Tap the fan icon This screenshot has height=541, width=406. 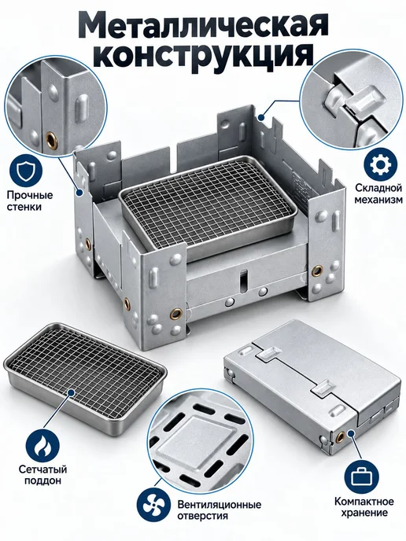click(x=153, y=511)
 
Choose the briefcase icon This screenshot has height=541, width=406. click(x=360, y=477)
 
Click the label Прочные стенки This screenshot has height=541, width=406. click(x=30, y=201)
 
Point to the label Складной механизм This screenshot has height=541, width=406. click(x=378, y=193)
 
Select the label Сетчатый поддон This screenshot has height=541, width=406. click(x=42, y=475)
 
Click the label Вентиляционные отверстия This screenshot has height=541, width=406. click(x=220, y=510)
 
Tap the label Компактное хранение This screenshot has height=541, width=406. click(x=364, y=506)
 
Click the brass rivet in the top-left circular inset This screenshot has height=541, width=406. click(x=50, y=138)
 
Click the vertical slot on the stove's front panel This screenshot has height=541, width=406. click(x=244, y=278)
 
